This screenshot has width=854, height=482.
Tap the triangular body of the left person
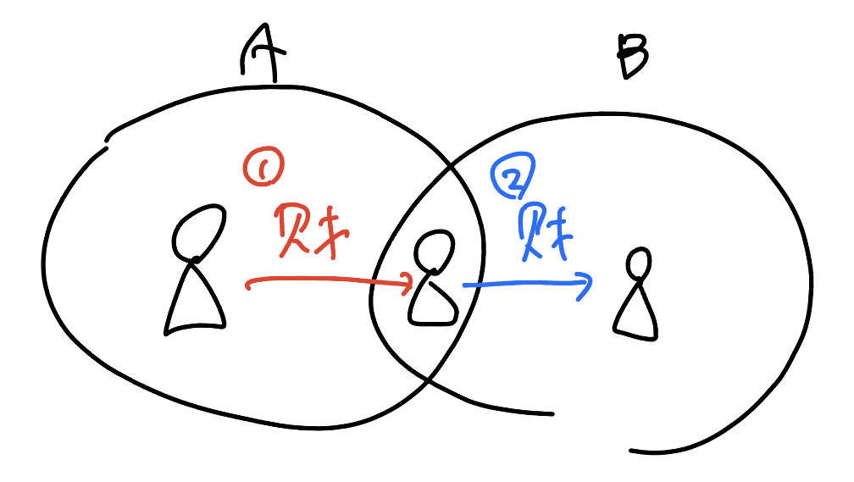[196, 301]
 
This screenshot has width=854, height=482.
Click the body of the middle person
[431, 301]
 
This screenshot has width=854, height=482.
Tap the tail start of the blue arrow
[464, 285]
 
